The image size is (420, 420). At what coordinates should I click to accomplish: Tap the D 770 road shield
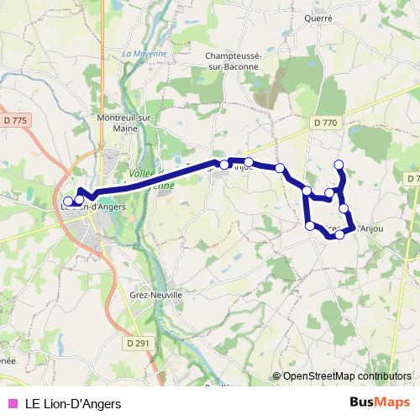point(325,123)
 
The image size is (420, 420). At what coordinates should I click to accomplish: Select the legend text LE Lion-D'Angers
point(73,404)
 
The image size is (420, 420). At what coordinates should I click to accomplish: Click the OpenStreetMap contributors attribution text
point(346,377)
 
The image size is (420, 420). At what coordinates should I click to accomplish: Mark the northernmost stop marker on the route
point(339,165)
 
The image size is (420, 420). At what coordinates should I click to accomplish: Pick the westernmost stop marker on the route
point(69,202)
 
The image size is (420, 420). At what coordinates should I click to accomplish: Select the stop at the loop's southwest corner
point(310,226)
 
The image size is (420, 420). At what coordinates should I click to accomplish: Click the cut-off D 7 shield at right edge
point(412,179)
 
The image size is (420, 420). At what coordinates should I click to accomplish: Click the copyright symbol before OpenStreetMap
point(276,377)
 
